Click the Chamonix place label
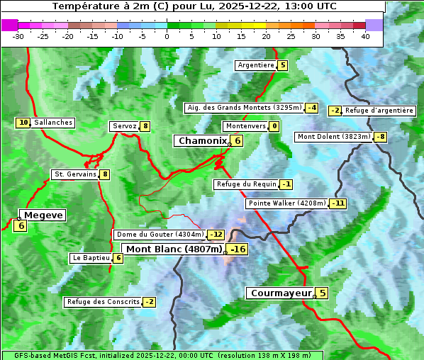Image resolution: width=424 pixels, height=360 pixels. [x=201, y=141]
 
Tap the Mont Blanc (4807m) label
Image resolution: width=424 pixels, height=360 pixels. [x=174, y=249]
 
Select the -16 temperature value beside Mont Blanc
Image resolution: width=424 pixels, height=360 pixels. [x=238, y=249]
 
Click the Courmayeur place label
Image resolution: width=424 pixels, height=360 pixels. [x=281, y=293]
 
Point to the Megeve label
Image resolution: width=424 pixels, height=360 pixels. [x=43, y=215]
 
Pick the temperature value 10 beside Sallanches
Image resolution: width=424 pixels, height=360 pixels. [x=23, y=123]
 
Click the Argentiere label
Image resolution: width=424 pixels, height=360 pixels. [x=256, y=65]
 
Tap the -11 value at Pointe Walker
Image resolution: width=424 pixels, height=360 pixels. [x=338, y=203]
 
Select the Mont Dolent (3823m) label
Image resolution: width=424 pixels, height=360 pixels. [x=334, y=137]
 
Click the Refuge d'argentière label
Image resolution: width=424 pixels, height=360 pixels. [x=379, y=111]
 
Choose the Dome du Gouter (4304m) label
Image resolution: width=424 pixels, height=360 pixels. [x=160, y=235]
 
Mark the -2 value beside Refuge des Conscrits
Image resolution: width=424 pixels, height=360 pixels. [x=149, y=302]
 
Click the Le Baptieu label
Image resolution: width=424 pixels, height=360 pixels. [x=91, y=258]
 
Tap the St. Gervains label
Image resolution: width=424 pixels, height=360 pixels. [x=75, y=174]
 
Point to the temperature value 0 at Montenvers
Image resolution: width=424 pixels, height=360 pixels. [x=274, y=126]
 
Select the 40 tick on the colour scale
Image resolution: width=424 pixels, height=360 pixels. [x=365, y=36]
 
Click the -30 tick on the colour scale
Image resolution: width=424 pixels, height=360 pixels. [x=18, y=36]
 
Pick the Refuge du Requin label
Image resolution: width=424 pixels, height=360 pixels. [x=246, y=184]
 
